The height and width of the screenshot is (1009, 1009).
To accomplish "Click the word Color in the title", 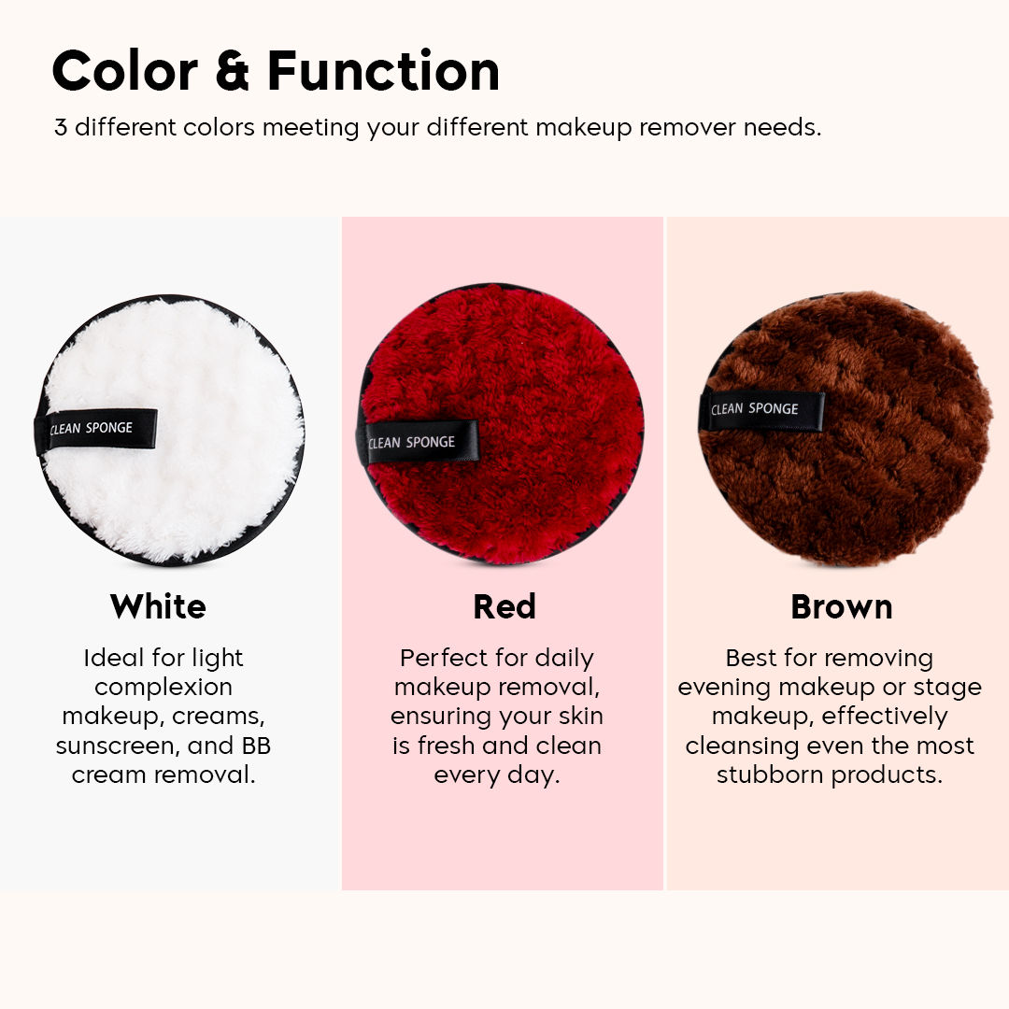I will [125, 72].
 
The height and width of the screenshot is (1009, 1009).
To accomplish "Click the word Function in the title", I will [383, 72].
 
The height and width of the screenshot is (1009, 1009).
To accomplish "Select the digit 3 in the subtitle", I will [61, 127].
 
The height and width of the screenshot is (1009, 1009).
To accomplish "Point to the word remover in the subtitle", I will [687, 127].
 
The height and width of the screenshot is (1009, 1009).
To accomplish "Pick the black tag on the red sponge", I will [417, 442].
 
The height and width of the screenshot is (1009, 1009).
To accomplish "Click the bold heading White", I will [158, 607].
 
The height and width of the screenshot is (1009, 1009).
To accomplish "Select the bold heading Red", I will [504, 607].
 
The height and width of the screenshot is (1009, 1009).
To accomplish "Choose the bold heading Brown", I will [841, 607].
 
